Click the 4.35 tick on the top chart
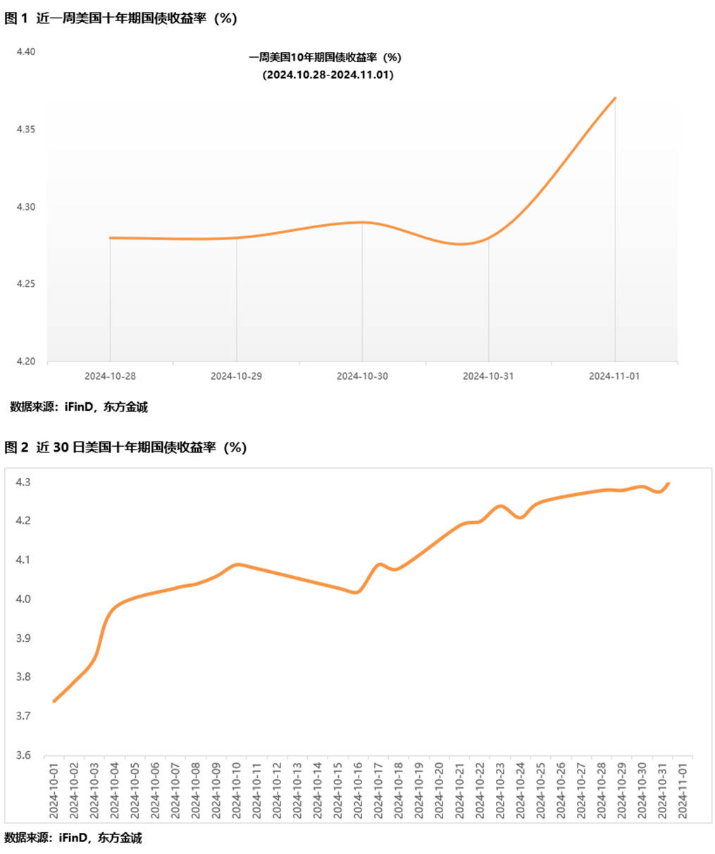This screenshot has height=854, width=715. coord(26,130)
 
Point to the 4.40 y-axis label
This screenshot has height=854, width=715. coord(26,52)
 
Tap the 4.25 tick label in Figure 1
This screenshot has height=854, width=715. coord(26,284)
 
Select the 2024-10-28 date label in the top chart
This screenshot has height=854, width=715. coord(110,376)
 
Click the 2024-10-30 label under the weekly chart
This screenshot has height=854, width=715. coord(362,376)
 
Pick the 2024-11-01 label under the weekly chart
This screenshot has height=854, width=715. coord(614,376)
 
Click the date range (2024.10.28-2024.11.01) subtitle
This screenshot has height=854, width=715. coord(328,75)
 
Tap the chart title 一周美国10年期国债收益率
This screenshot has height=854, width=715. coord(325,58)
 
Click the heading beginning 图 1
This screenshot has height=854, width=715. coord(120,19)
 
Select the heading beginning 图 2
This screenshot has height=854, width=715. coord(125,447)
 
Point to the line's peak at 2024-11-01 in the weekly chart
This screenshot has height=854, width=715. coord(616,98)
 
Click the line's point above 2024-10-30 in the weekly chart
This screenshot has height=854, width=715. coord(363,223)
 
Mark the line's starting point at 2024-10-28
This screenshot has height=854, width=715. coord(111,238)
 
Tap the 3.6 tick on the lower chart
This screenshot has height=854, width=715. coord(23,755)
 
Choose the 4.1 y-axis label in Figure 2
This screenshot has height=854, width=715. coord(23,560)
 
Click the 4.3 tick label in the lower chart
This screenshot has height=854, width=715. coord(23,483)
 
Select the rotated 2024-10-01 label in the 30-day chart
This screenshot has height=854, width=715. coord(54,790)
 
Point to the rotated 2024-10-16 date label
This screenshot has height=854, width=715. coord(358,790)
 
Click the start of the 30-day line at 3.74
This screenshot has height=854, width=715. coord(54,701)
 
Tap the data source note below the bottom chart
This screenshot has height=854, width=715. coord(73,838)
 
